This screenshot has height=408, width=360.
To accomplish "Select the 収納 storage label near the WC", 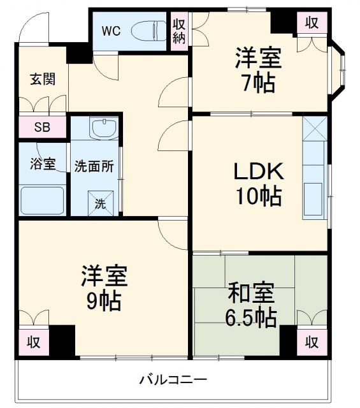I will pyautogui.click(x=179, y=31).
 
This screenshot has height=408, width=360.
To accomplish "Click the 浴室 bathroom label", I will pyautogui.click(x=43, y=164).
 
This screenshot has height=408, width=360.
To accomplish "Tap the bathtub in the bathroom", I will pyautogui.click(x=43, y=200).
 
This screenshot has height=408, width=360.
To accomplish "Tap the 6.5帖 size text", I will pyautogui.click(x=252, y=317).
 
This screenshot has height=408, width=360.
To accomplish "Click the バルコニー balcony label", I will pyautogui.click(x=173, y=380).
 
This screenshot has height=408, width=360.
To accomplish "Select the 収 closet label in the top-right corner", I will pyautogui.click(x=311, y=24).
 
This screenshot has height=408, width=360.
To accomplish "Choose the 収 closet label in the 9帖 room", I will pyautogui.click(x=33, y=342).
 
